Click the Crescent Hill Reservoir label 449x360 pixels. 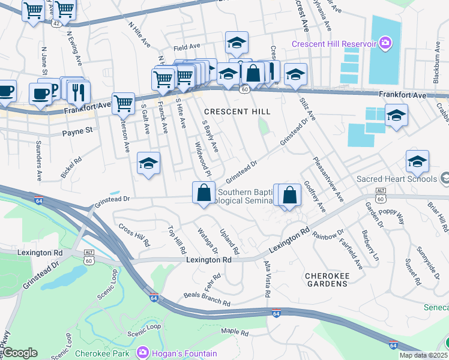(334, 44)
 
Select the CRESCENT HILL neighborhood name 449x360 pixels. (237, 112)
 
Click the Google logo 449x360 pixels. (20, 353)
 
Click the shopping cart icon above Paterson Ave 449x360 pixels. (123, 103)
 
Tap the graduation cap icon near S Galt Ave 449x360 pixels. (148, 163)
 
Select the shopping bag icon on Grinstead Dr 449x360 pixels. (203, 193)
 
